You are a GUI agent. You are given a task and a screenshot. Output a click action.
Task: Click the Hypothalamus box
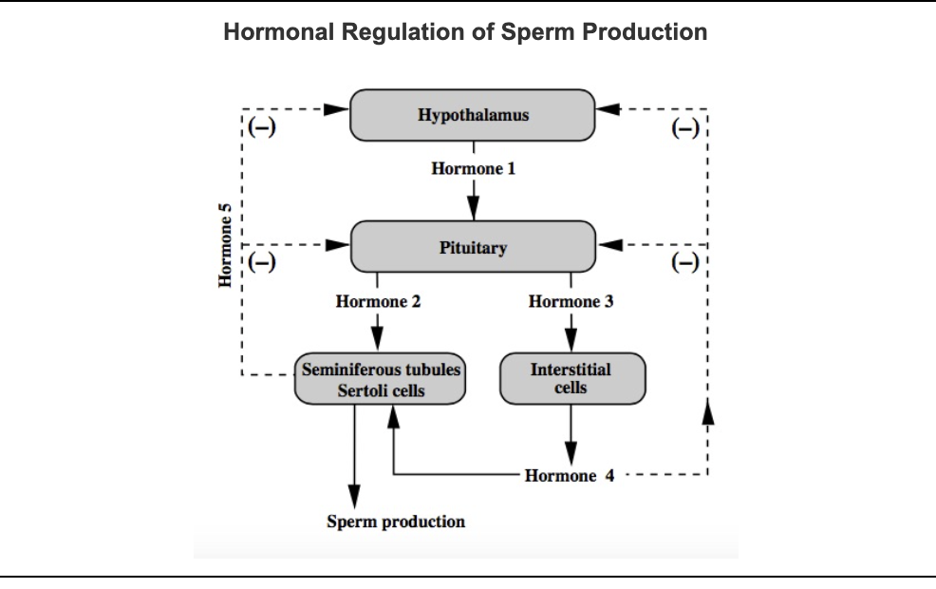pyautogui.click(x=473, y=115)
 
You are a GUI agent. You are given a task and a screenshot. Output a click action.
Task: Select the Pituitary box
pyautogui.click(x=473, y=247)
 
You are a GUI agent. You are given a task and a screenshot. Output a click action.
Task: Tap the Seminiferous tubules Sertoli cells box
pyautogui.click(x=380, y=379)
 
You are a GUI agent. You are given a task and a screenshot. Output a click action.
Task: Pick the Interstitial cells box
pyautogui.click(x=571, y=378)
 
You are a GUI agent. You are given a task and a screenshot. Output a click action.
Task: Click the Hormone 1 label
pyautogui.click(x=473, y=169)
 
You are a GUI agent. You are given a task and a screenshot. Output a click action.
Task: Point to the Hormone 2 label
pyautogui.click(x=378, y=302)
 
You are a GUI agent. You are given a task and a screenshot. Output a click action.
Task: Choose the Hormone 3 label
pyautogui.click(x=571, y=302)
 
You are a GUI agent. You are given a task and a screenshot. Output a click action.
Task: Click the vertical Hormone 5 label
pyautogui.click(x=226, y=244)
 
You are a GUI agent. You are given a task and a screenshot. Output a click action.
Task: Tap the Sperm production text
pyautogui.click(x=396, y=522)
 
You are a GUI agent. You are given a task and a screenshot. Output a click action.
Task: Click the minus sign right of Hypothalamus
pyautogui.click(x=684, y=129)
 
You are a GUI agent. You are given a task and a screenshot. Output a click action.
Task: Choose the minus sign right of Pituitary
pyautogui.click(x=684, y=262)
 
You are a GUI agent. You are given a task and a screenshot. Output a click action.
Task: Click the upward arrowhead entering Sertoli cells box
pyautogui.click(x=392, y=415)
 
